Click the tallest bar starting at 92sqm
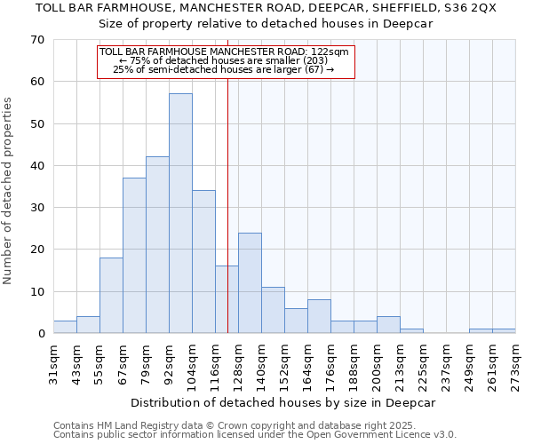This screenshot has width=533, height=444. [180, 213]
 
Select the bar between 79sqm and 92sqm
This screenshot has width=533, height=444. [157, 245]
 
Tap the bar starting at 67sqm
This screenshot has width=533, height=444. [134, 256]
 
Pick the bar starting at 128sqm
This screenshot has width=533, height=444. [250, 283]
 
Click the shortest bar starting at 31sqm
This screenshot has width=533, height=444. [65, 327]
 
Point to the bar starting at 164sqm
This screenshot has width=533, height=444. [319, 316]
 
